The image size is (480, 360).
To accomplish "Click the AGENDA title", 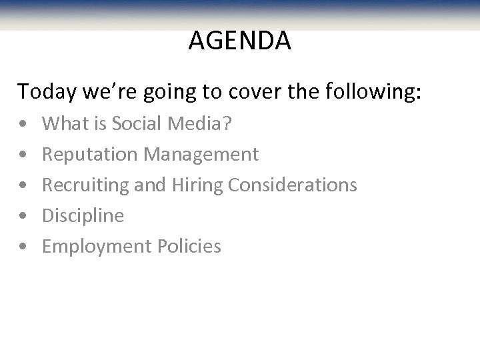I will [x=239, y=41].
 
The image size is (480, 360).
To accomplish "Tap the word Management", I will [x=200, y=155].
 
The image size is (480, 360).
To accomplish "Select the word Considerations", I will [x=292, y=185].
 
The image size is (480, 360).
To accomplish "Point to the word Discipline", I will [x=83, y=215].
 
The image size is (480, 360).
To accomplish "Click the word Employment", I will [x=97, y=247].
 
